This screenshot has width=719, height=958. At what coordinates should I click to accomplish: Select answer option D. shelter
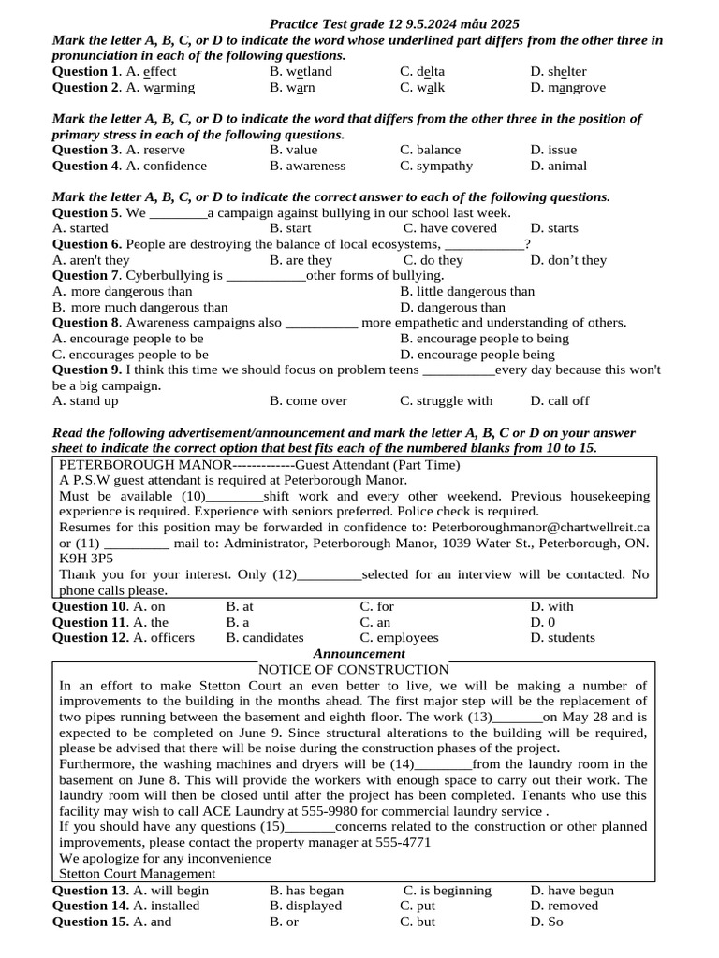[558, 71]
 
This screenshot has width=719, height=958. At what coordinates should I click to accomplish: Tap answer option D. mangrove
[567, 87]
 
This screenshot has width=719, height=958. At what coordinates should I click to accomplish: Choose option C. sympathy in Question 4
[436, 166]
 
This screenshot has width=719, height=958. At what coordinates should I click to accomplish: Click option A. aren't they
[92, 260]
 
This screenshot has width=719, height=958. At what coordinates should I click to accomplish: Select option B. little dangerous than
[467, 291]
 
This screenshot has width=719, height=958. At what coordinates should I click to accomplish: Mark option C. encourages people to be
[131, 355]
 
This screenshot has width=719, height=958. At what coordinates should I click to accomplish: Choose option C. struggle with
[446, 400]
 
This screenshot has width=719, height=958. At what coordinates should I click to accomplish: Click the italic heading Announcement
[359, 653]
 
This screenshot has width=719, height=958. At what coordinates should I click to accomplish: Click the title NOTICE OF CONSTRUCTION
[353, 669]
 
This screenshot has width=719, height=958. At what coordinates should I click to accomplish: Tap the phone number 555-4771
[400, 842]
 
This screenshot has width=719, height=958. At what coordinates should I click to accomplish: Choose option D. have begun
[572, 891]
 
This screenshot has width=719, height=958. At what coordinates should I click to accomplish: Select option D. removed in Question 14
[564, 906]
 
